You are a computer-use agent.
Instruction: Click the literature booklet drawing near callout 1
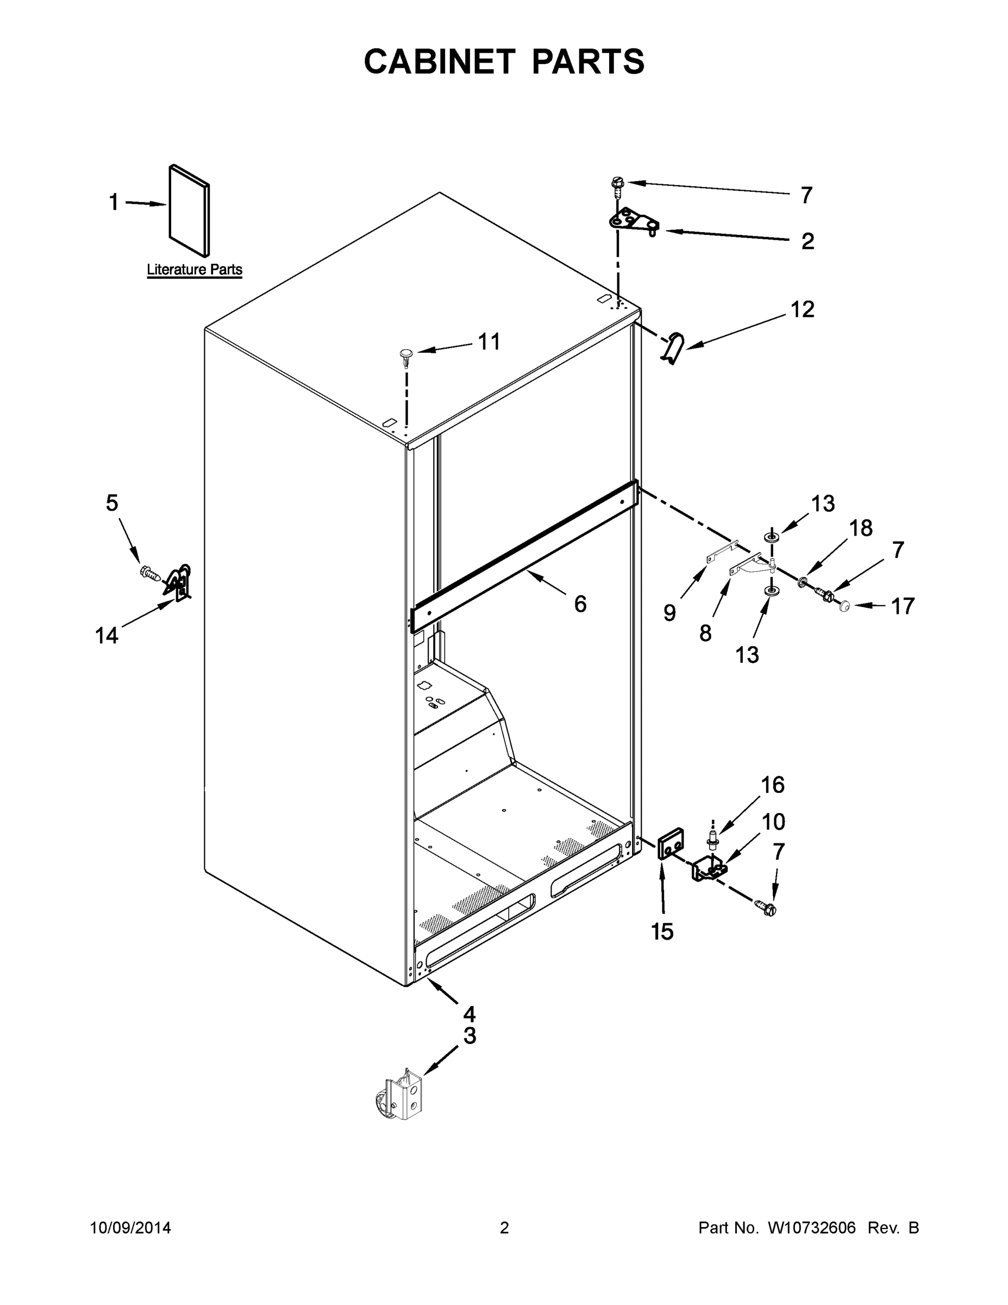click(x=189, y=210)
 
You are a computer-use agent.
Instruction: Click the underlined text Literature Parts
click(x=195, y=270)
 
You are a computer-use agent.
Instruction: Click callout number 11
click(x=489, y=342)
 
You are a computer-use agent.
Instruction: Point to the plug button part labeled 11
click(x=406, y=356)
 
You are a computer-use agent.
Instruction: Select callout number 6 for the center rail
click(x=580, y=604)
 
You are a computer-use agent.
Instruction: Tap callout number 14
click(x=107, y=635)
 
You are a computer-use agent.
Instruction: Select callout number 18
click(x=861, y=528)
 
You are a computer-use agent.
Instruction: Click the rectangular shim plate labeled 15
click(x=670, y=843)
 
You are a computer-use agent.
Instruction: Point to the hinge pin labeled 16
click(x=712, y=838)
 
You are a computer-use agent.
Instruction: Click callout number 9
click(x=669, y=612)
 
